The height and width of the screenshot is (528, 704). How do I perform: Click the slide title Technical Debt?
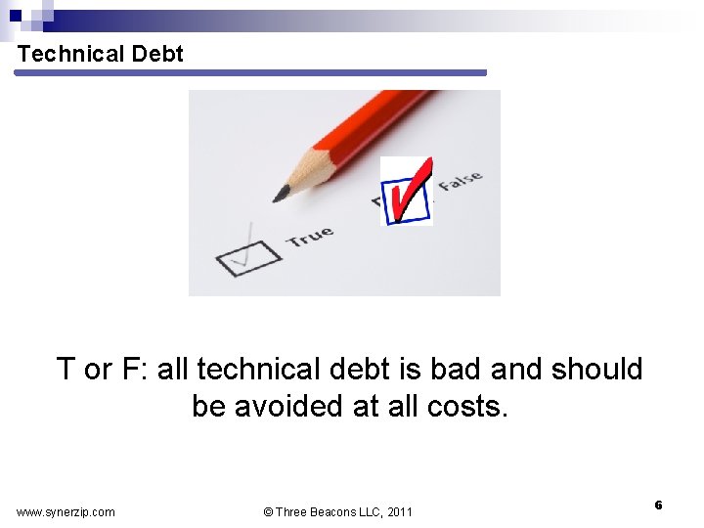100,54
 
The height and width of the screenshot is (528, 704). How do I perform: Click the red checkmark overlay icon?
407,191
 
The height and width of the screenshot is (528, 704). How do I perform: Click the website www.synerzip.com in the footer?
66,511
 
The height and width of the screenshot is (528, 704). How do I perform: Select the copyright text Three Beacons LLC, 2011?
338,511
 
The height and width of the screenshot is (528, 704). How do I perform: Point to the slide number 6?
658,505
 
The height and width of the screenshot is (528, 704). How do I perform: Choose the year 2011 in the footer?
400,511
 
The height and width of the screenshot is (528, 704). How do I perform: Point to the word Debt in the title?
157,54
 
